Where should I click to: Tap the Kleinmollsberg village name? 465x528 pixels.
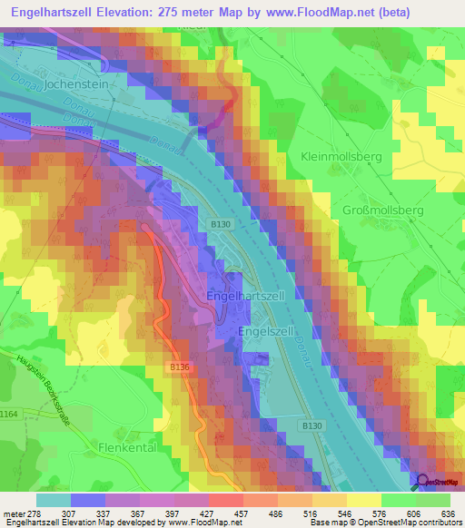point(341,157)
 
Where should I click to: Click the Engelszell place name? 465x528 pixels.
point(264,332)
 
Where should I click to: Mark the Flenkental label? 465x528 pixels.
point(129,448)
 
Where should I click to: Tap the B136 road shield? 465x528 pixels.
point(178,367)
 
